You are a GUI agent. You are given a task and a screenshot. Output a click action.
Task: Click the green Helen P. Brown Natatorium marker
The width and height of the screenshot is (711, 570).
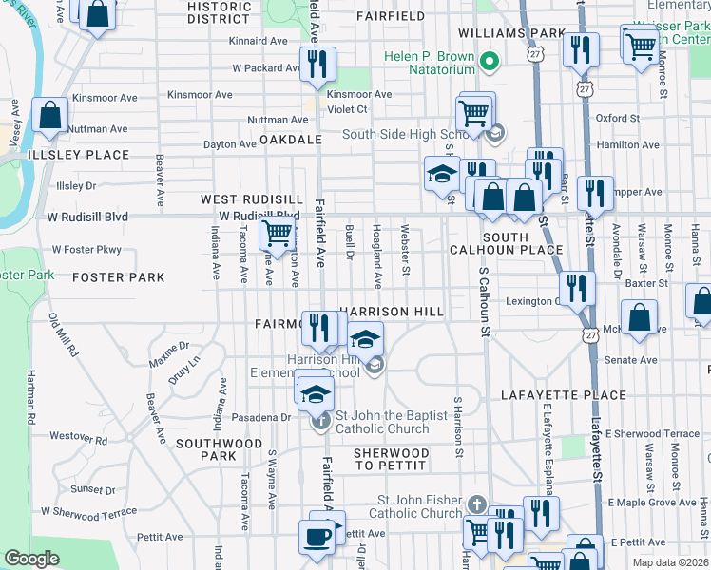click(x=490, y=64)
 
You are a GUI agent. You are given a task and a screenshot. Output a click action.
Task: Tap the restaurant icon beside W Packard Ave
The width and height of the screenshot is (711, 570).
click(x=317, y=64)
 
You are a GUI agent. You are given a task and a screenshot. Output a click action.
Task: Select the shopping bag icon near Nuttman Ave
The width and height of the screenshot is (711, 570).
click(x=49, y=115)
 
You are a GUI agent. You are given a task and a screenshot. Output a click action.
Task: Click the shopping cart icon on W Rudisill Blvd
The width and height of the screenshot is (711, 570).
click(x=277, y=230)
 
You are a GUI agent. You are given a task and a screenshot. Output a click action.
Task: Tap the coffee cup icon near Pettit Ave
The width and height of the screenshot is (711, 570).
click(x=317, y=535)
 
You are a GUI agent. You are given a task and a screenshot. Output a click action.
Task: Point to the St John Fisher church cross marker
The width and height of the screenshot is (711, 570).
click(x=476, y=503)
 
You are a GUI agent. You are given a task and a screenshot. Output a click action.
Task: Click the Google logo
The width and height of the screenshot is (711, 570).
click(x=31, y=559)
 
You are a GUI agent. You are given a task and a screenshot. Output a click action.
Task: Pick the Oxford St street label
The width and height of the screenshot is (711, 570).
click(x=617, y=118)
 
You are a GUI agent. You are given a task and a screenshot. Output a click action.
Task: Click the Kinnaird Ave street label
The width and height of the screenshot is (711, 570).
click(x=259, y=42)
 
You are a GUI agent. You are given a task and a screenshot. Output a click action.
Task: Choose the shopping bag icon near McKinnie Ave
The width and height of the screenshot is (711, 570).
click(x=641, y=317)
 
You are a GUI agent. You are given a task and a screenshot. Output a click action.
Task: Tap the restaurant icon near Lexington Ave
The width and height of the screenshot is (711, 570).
click(x=577, y=288)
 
